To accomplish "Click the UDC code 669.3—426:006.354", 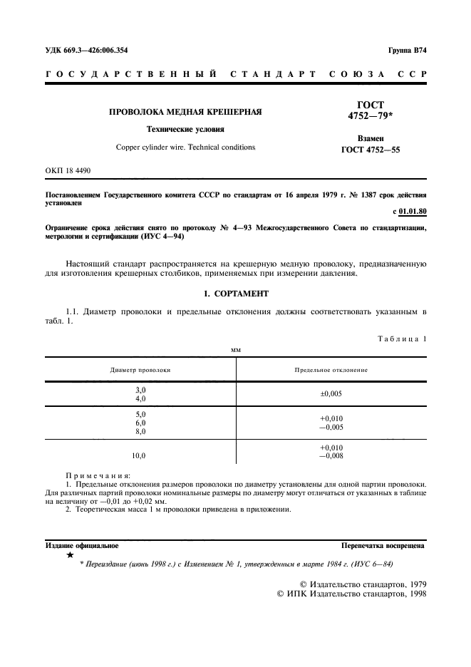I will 86,51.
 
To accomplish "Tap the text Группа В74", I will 407,51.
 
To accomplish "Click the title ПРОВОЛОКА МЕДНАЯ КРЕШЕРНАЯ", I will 185,112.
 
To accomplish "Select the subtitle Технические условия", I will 185,130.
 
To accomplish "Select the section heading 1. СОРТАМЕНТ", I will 235,293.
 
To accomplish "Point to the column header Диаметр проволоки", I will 140,370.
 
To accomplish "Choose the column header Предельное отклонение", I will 331,370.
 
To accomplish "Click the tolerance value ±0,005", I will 331,393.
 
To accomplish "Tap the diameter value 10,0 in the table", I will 140,455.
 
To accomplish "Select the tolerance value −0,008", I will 331,455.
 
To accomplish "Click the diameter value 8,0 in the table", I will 140,431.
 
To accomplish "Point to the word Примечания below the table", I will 98,475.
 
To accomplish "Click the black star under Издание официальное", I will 70,554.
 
